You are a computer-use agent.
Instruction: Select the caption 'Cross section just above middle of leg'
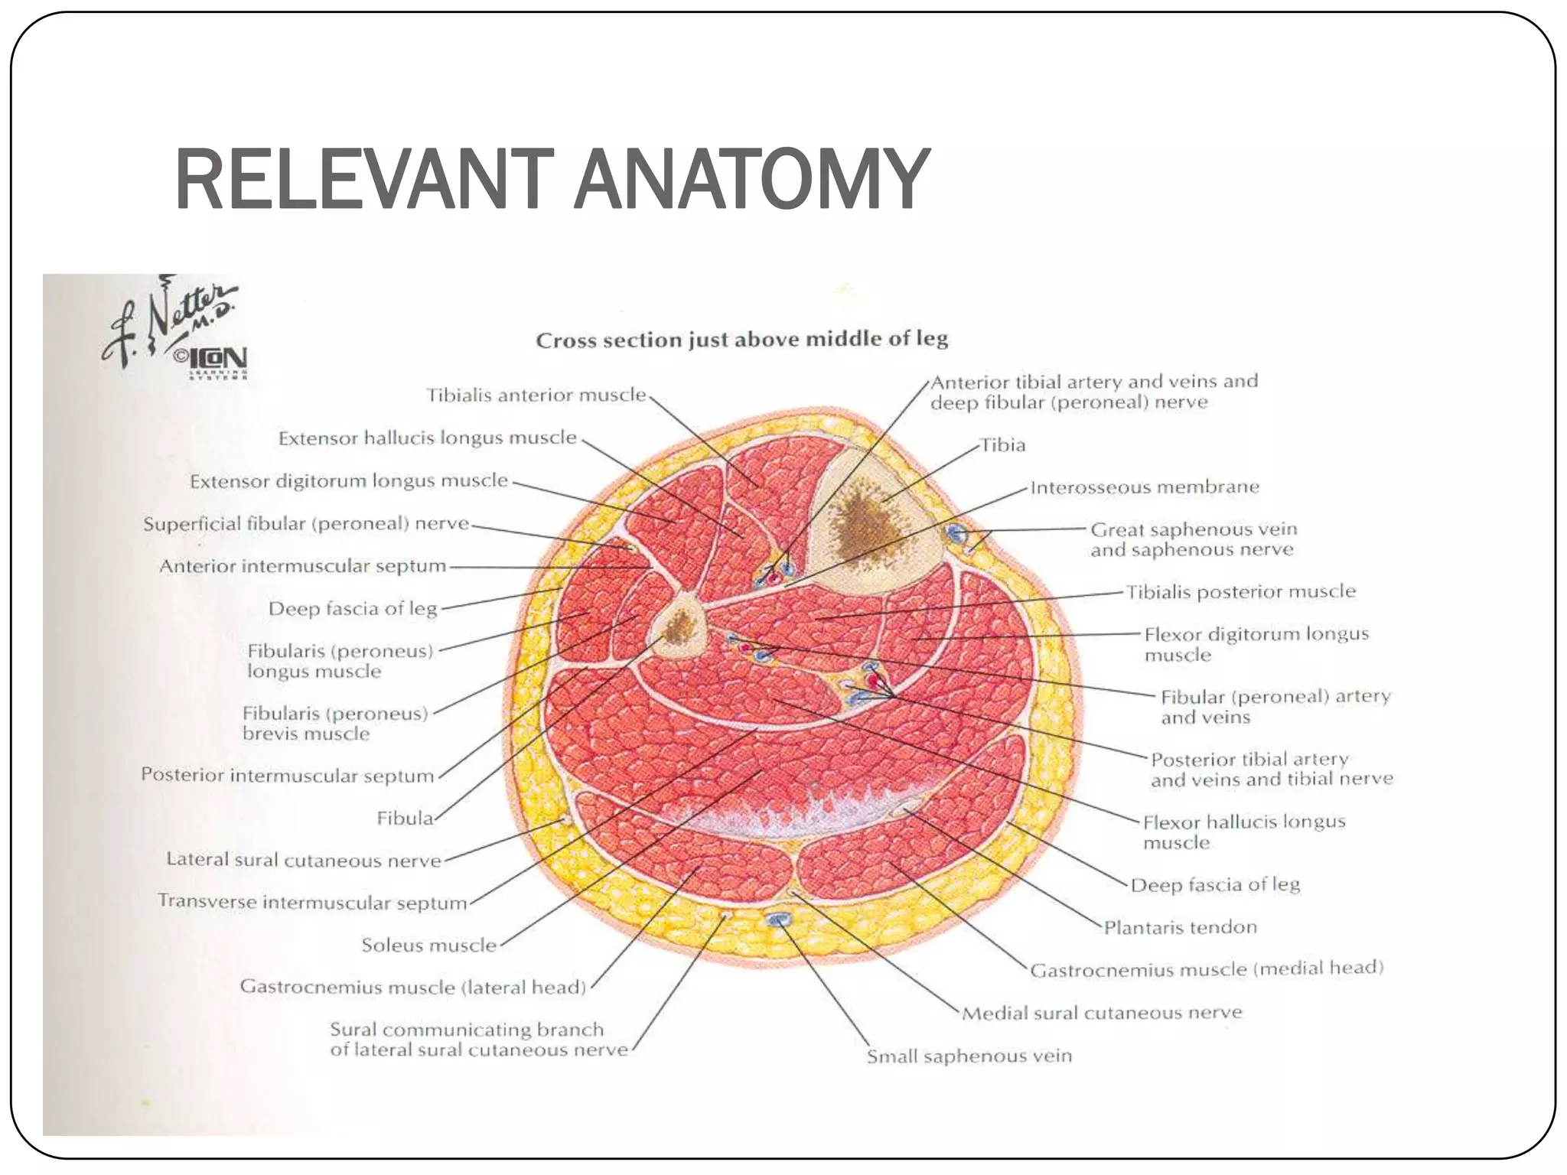click(741, 339)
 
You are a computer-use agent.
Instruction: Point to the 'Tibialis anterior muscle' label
click(536, 395)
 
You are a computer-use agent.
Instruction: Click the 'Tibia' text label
click(1002, 444)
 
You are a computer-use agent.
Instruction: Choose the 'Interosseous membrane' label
click(1144, 487)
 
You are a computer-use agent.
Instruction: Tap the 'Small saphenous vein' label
click(969, 1056)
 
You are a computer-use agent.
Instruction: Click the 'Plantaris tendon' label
click(1180, 927)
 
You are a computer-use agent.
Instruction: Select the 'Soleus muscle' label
click(428, 945)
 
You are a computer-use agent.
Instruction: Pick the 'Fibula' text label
click(405, 819)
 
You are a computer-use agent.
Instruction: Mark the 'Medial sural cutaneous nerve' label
click(1101, 1013)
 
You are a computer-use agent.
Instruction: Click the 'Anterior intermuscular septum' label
click(302, 566)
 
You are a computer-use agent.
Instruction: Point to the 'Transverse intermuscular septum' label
click(312, 902)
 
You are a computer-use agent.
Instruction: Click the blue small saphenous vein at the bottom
click(778, 919)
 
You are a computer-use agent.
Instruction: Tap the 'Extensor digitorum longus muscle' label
click(349, 480)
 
